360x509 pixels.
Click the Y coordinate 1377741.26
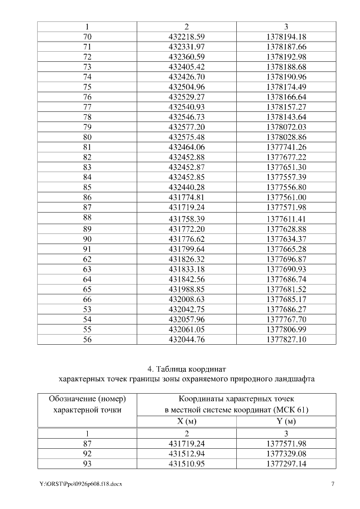(286, 146)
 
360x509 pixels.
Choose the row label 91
(87, 248)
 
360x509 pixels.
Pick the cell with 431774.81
(186, 197)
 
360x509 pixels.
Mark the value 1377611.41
(286, 218)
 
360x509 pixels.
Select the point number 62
(87, 258)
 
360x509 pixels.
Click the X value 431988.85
(186, 289)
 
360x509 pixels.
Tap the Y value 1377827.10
(286, 339)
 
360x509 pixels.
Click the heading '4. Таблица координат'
(186, 370)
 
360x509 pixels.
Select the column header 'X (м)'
(186, 422)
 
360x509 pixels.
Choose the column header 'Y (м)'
(286, 422)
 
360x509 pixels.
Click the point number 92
(87, 453)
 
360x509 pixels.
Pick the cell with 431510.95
(186, 463)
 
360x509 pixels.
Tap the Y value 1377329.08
(286, 453)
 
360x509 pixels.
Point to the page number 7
(332, 484)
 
